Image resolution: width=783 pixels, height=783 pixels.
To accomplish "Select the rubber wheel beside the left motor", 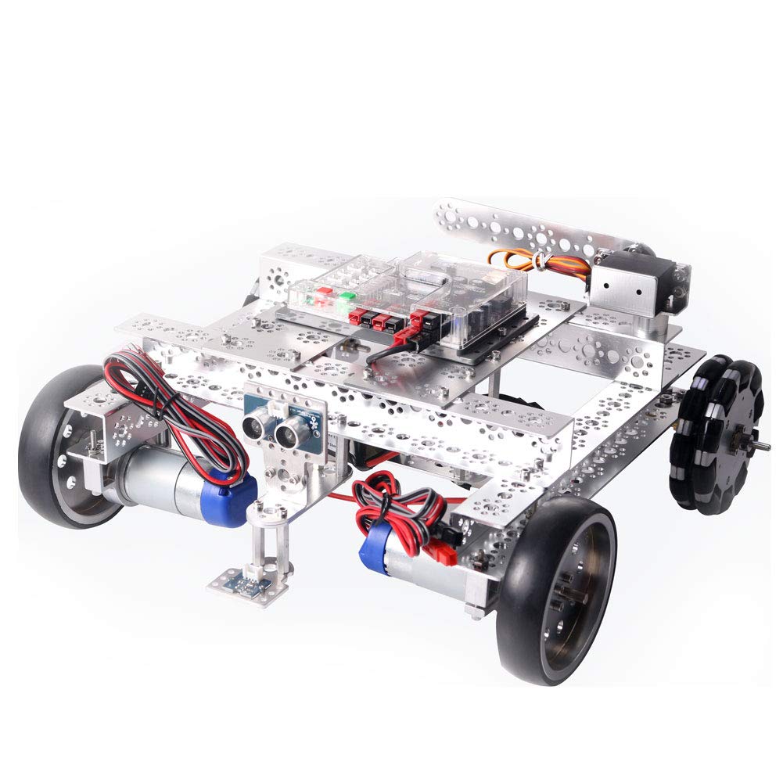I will tap(59, 454).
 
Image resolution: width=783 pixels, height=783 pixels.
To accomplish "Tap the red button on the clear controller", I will tap(319, 299).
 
